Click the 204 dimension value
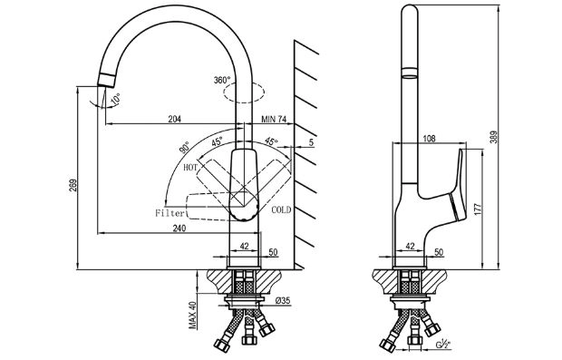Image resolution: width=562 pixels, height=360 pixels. coord(175,119)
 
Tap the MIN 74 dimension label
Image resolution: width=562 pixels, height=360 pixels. coord(274,119)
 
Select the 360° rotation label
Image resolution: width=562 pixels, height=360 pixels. coord(222,80)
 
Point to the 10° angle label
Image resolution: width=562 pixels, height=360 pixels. coord(115,100)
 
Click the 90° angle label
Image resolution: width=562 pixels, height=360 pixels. coord(184,148)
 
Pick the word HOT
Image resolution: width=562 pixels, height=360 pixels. coord(190,167)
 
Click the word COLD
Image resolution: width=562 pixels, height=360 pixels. coord(281,209)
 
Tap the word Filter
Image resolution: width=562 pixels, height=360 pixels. coord(170,213)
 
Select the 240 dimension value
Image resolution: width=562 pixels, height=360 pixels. coord(179,228)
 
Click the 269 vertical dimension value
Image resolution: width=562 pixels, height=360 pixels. coord(73,185)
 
